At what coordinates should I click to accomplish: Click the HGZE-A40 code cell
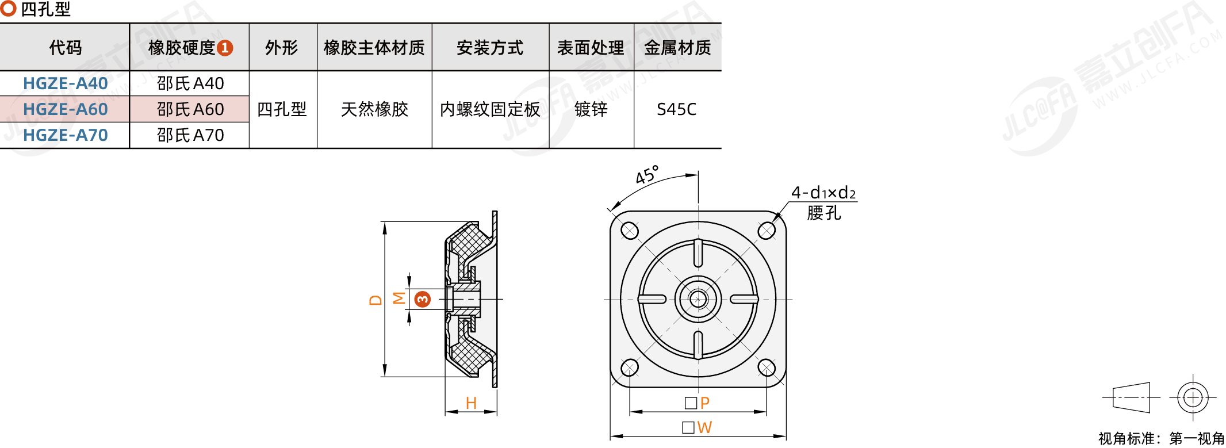[65, 83]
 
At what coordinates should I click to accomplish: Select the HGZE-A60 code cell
[65, 109]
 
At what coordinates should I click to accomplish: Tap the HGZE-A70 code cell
[65, 135]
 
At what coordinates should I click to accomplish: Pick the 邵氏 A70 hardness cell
[190, 135]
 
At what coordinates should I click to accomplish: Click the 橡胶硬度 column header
[190, 48]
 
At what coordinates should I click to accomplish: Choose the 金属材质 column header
[677, 48]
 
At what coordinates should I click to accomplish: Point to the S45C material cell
[676, 109]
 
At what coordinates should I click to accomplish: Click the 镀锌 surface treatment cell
[591, 109]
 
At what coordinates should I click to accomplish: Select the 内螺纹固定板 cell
[490, 109]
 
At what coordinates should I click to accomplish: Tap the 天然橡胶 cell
[374, 109]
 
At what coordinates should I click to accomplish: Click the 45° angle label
[647, 174]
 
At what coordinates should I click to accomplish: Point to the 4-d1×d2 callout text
[823, 193]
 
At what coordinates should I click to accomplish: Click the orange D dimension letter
[376, 300]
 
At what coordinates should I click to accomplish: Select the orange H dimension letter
[471, 403]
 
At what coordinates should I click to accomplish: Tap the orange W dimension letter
[704, 427]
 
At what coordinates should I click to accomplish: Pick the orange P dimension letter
[705, 403]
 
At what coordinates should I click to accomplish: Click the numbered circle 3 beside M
[423, 299]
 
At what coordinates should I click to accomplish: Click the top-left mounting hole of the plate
[630, 231]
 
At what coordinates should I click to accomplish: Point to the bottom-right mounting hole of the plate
[767, 367]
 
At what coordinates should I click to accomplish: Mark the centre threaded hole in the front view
[698, 299]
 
